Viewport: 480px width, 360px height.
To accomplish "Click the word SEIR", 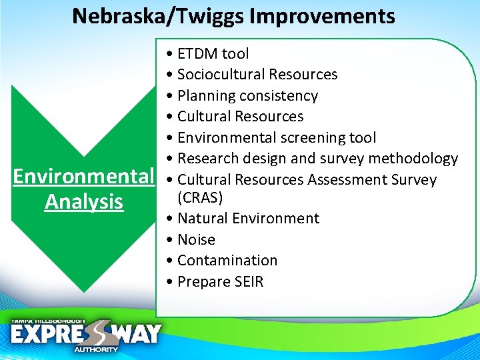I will click(248, 282).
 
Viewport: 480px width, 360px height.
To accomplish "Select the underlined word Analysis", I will click(84, 202).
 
